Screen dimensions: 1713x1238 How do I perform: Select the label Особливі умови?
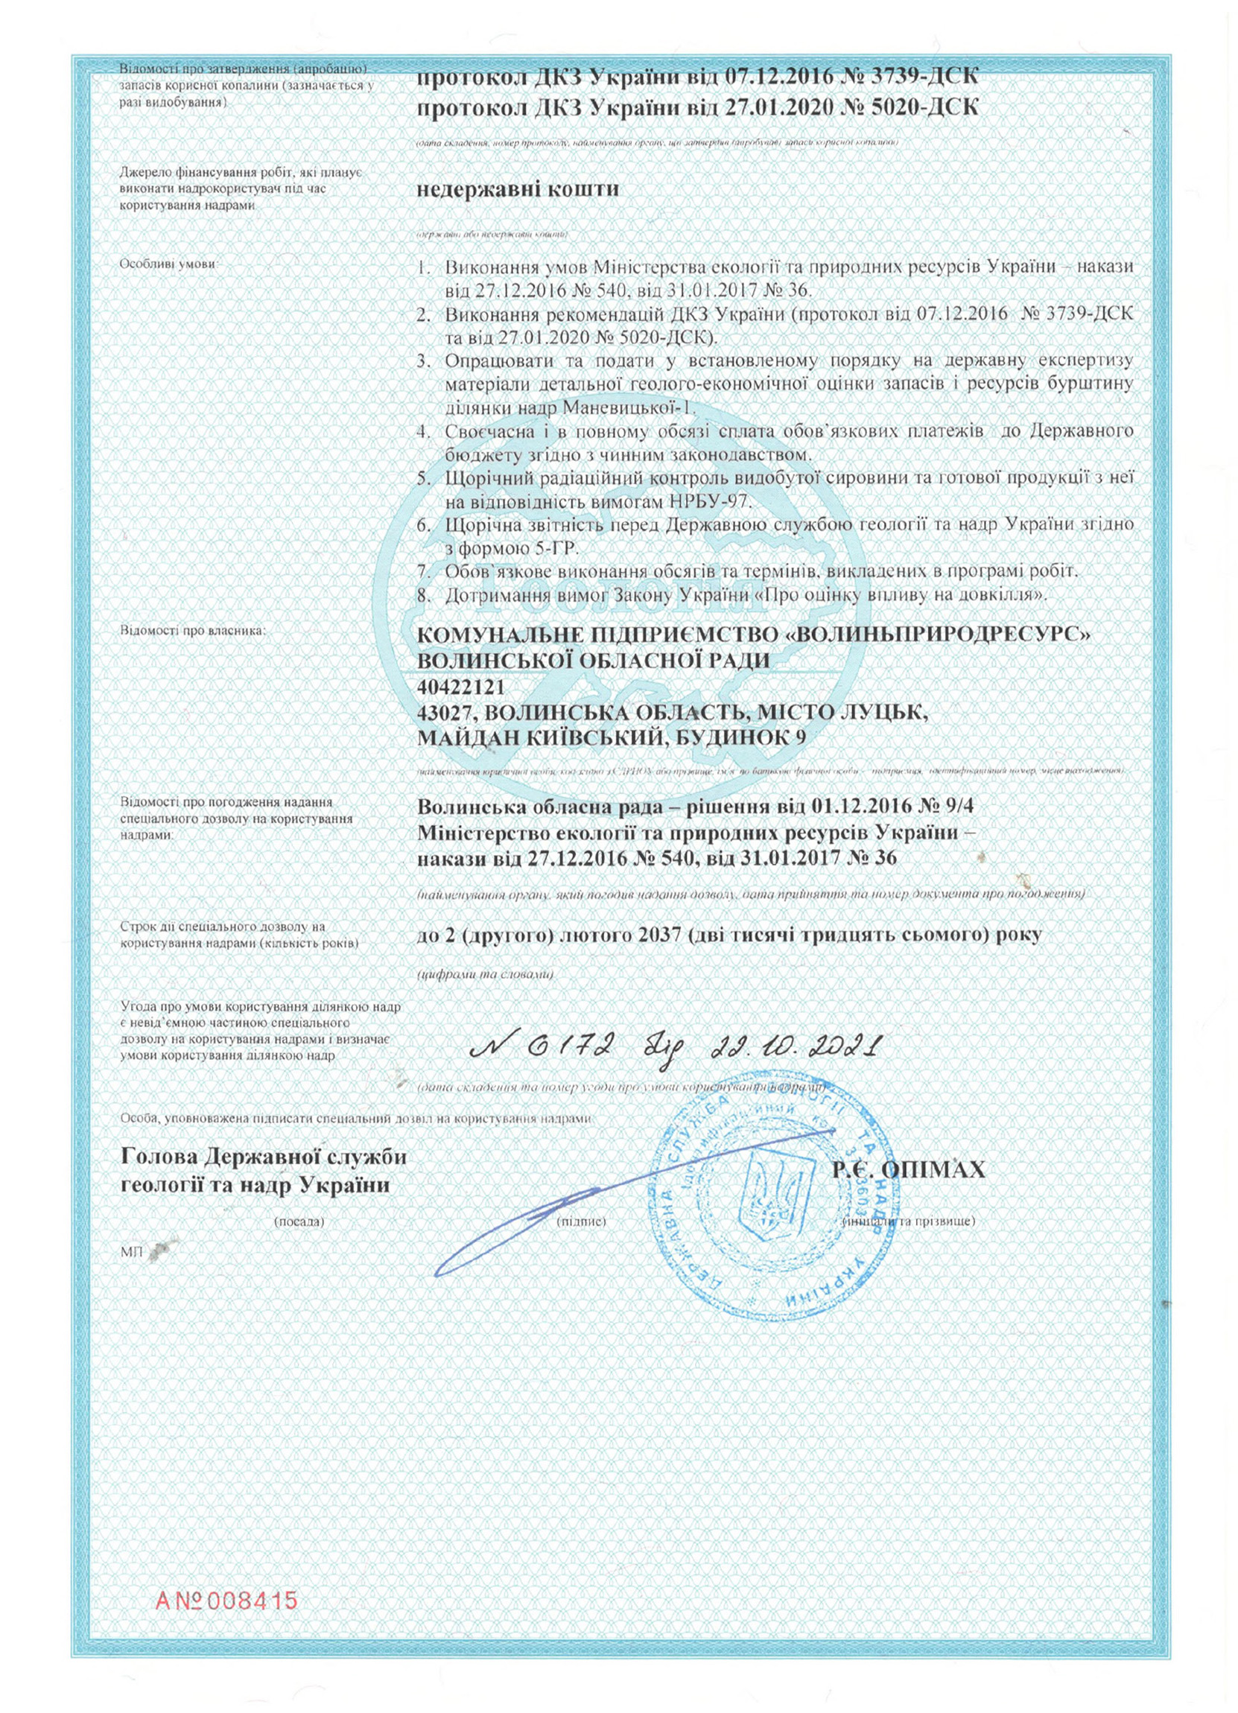point(168,265)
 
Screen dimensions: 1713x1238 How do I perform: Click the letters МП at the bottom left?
point(128,1251)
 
